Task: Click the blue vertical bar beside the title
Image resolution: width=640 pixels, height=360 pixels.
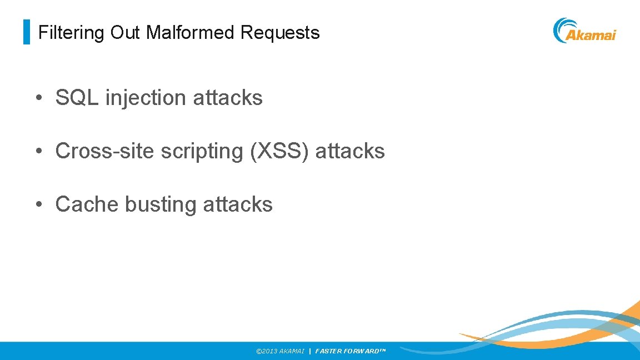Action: (x=26, y=32)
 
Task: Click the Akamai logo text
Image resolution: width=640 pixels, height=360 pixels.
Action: (x=591, y=36)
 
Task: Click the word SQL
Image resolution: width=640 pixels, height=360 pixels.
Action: (x=77, y=98)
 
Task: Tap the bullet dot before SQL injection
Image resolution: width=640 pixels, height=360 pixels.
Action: (x=38, y=98)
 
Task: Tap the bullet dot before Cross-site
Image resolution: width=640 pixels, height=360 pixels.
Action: (x=38, y=152)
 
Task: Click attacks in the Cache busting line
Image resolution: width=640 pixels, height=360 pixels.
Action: (x=238, y=204)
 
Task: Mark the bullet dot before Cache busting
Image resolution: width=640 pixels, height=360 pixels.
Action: (x=38, y=205)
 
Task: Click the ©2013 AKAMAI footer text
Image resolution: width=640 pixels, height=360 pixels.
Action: (x=280, y=351)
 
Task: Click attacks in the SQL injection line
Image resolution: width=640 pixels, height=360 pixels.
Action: (x=228, y=98)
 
